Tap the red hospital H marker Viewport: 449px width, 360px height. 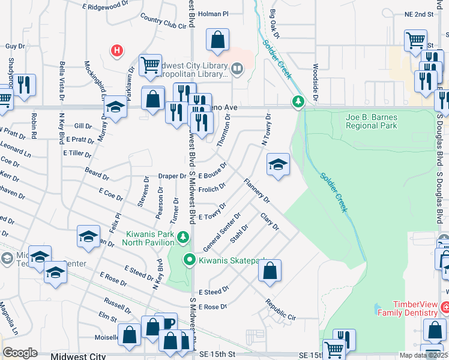pyautogui.click(x=118, y=51)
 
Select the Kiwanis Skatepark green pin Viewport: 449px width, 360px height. pyautogui.click(x=190, y=260)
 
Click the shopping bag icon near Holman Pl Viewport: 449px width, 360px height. pyautogui.click(x=217, y=40)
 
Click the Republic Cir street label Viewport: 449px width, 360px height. pyautogui.click(x=280, y=309)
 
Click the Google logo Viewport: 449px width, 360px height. pyautogui.click(x=20, y=353)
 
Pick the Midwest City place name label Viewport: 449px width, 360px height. pyautogui.click(x=78, y=356)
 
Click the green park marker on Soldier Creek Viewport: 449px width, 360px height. pyautogui.click(x=297, y=103)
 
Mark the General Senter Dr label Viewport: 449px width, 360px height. pyautogui.click(x=222, y=232)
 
